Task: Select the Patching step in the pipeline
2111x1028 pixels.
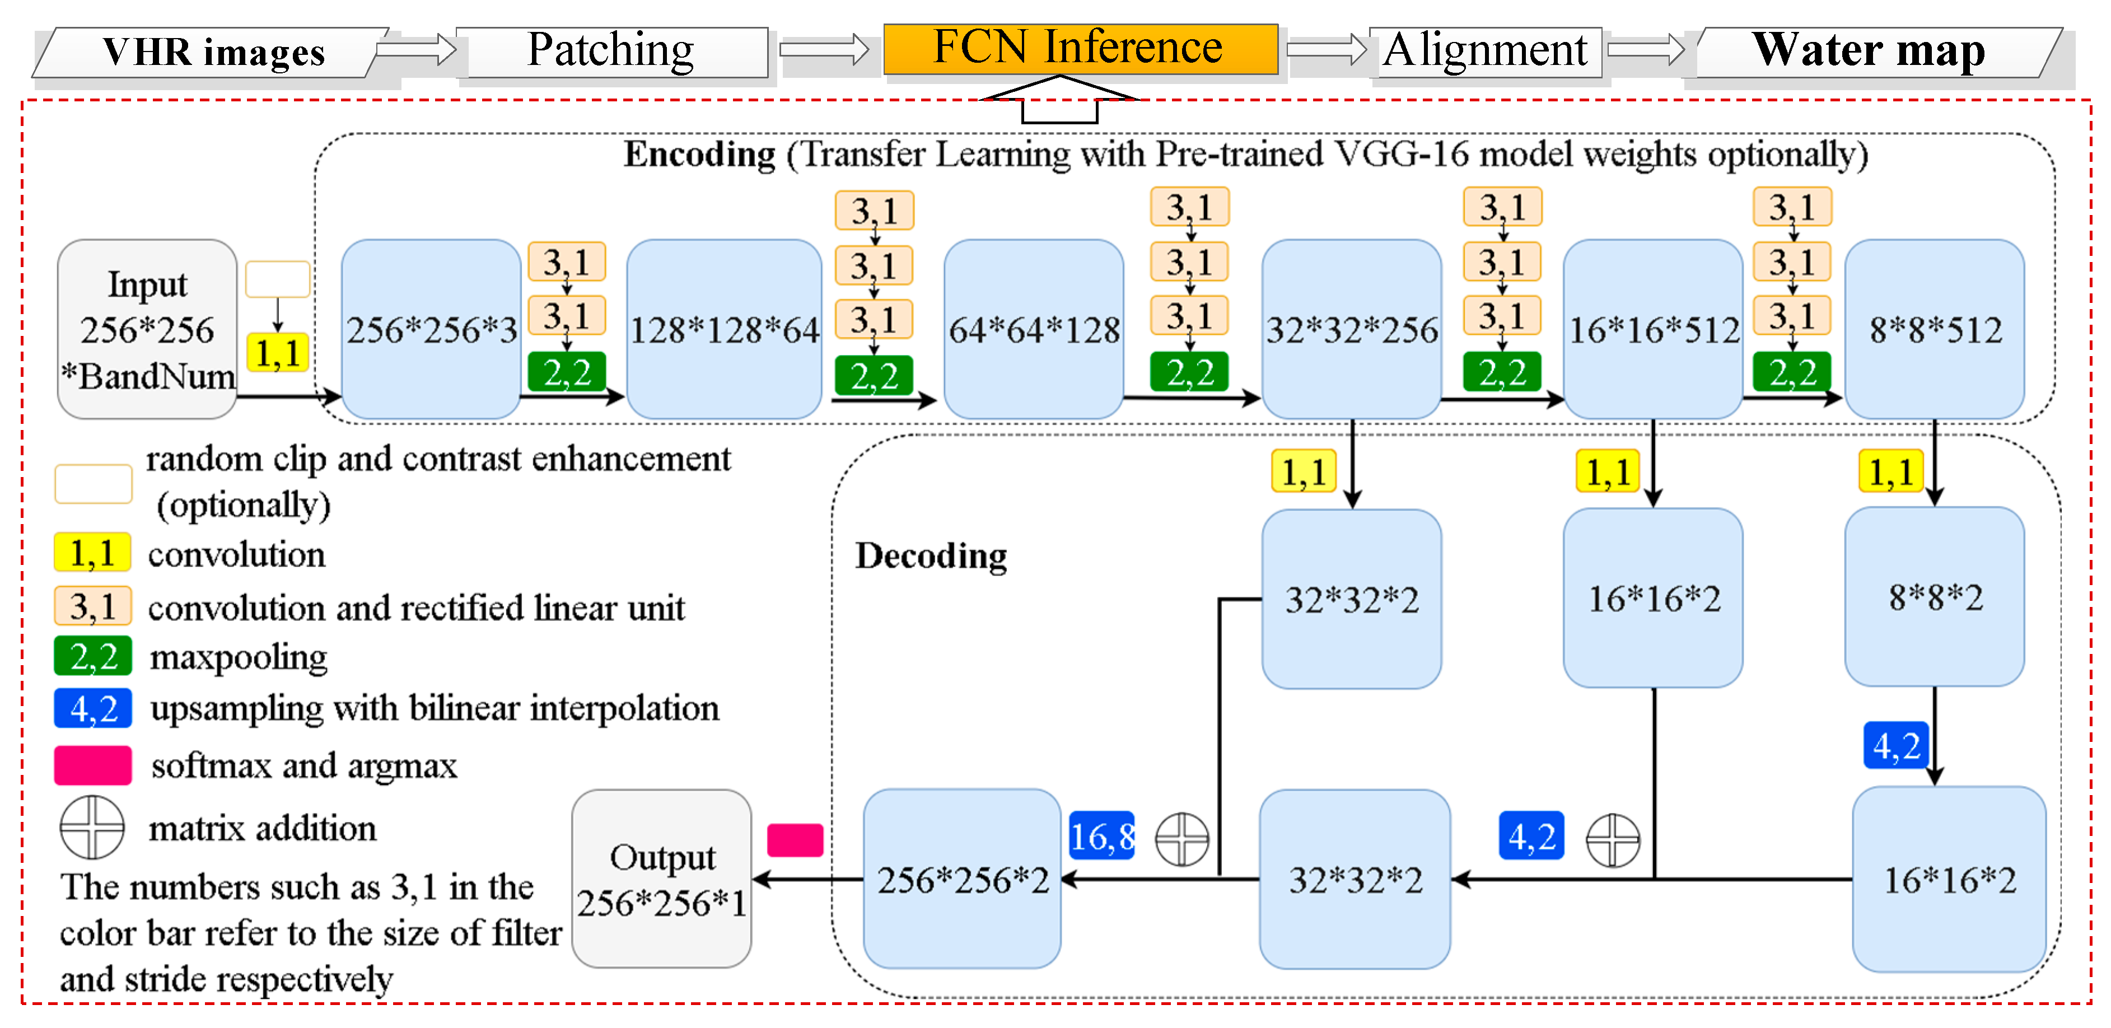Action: click(x=611, y=51)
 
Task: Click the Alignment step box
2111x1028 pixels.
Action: click(x=1485, y=51)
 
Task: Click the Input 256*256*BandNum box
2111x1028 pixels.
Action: click(x=147, y=329)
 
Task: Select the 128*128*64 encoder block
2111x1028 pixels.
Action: click(x=725, y=329)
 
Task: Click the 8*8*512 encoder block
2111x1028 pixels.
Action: click(x=1934, y=329)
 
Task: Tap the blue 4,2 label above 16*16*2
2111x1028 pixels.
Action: click(x=1895, y=745)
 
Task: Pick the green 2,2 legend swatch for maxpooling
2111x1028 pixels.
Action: click(x=92, y=656)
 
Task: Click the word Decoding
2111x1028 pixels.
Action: click(x=931, y=556)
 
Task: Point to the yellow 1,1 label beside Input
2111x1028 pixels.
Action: click(x=277, y=353)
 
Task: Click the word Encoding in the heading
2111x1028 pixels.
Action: click(x=699, y=154)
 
